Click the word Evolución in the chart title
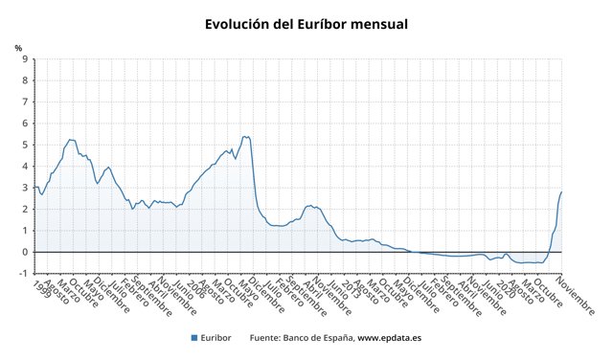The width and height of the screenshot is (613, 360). [239, 22]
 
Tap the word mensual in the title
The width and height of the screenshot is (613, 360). [375, 22]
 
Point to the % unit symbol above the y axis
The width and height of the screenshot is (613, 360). [18, 48]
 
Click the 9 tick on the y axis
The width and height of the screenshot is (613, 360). [25, 59]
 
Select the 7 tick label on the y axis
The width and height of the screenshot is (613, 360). [25, 102]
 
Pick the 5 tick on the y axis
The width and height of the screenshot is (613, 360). [25, 146]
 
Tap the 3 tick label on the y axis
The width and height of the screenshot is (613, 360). [25, 188]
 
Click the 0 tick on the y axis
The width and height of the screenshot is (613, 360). [25, 252]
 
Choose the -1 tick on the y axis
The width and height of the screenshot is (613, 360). [23, 274]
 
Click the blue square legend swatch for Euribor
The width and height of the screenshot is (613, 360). [194, 338]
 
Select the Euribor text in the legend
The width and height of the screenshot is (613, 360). [218, 338]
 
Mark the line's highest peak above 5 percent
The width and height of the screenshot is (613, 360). [245, 136]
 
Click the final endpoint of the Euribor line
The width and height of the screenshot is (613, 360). [561, 192]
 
